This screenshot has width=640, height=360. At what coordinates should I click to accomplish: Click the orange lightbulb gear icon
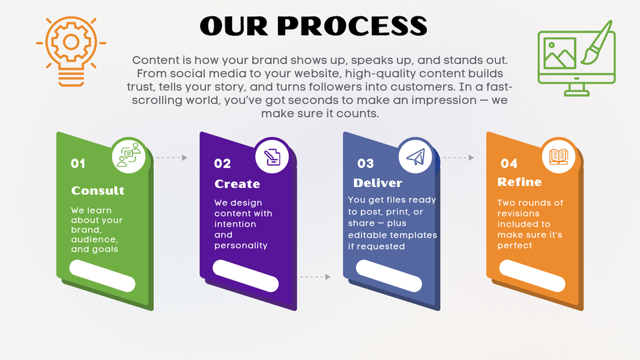(71, 51)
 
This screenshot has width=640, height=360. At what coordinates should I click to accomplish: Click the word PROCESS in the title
(352, 26)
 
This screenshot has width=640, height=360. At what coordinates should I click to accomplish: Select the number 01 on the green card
(78, 164)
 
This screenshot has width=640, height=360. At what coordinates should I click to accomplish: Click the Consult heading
(97, 190)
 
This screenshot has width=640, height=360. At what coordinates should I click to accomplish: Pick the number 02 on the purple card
(223, 164)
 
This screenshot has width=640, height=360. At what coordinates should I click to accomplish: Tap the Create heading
(237, 184)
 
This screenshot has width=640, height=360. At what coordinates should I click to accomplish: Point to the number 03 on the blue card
(366, 164)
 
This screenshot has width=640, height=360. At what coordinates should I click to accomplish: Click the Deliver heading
(378, 183)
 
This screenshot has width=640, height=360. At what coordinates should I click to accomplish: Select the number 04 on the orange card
(509, 164)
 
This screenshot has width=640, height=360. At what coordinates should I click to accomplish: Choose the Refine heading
(519, 182)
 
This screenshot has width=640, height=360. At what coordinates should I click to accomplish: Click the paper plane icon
(415, 157)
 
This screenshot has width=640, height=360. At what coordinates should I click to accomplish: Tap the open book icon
(558, 157)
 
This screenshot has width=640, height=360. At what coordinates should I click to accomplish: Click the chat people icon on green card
(129, 155)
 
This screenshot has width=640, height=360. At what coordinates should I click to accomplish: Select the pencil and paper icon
(272, 157)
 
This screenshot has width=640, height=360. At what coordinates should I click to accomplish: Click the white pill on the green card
(102, 276)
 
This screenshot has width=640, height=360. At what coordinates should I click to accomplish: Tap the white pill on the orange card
(532, 276)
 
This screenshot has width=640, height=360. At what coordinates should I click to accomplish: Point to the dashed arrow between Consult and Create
(170, 158)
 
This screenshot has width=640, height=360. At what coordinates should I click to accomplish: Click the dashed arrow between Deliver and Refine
(458, 158)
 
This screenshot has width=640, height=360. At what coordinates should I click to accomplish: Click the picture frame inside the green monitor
(560, 53)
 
